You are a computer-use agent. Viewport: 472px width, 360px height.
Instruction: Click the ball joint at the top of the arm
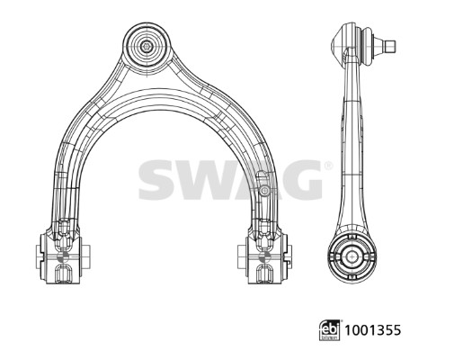click(147, 42)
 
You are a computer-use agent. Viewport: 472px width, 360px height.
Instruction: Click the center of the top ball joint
click(147, 42)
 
